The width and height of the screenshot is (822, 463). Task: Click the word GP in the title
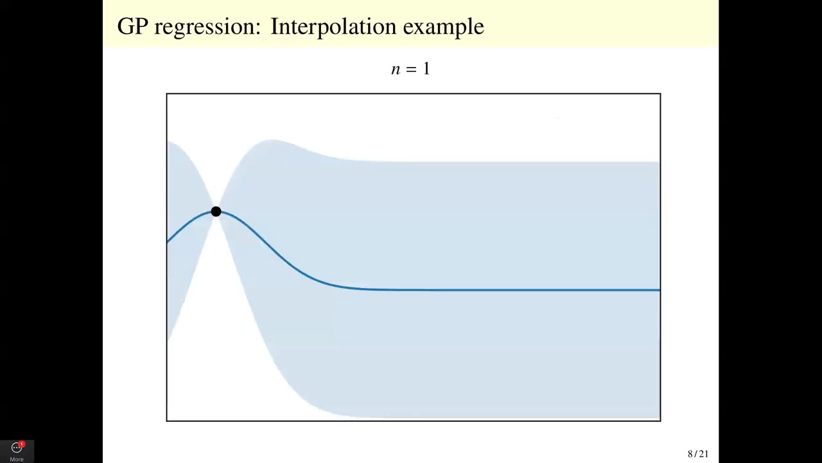132,26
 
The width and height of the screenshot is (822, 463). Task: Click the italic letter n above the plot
395,69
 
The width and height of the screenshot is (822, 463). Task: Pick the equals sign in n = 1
410,69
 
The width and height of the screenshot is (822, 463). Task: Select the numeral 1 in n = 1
426,69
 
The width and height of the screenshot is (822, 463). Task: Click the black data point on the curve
216,212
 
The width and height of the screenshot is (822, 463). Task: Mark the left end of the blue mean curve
168,242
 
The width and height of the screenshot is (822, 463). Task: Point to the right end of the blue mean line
659,290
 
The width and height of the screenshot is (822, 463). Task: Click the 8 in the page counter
690,454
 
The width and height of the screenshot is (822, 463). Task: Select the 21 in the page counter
703,454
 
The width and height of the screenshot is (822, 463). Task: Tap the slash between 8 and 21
695,454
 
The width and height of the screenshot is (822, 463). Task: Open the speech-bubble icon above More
16,448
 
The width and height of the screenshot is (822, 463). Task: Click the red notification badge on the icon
21,444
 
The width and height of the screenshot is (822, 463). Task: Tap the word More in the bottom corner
17,459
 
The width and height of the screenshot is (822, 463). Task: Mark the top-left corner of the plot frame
167,94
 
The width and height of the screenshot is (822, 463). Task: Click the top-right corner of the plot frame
660,94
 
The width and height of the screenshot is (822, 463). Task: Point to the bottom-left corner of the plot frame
167,421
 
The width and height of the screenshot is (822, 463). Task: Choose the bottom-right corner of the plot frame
660,421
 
